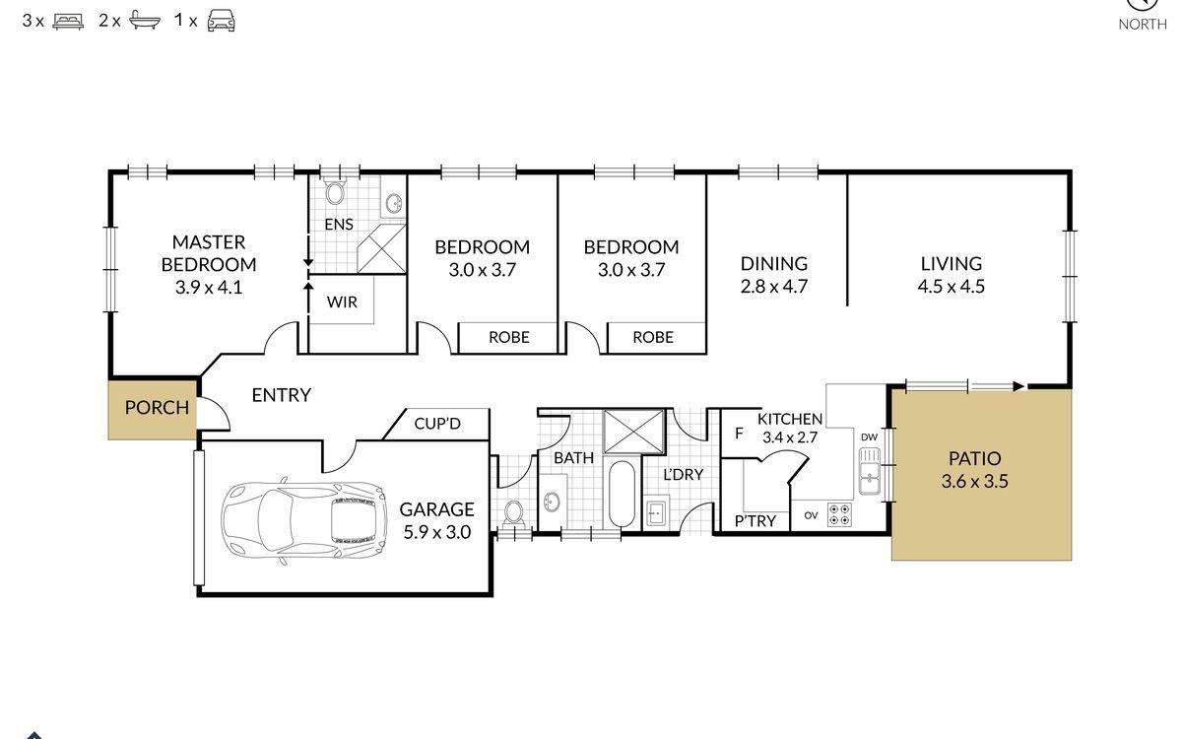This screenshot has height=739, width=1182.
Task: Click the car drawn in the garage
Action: coord(304,521)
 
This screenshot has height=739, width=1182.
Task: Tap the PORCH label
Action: coord(157,408)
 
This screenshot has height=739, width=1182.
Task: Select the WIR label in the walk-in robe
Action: coord(342,302)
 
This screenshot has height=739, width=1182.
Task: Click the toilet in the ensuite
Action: coord(335,192)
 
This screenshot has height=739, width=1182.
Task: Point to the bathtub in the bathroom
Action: coord(623,494)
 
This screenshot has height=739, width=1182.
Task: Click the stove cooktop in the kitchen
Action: coord(839,515)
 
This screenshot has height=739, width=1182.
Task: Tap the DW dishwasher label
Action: coord(869,437)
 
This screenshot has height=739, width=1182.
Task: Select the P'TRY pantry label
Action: coord(755,521)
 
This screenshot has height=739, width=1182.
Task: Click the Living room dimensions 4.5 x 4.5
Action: coord(951,287)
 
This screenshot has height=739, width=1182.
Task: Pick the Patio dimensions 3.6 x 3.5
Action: coord(974,482)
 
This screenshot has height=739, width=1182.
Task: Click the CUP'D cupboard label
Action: coord(437,424)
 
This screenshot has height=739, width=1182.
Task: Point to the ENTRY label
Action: coord(282,395)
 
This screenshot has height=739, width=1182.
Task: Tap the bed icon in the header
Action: coord(68,21)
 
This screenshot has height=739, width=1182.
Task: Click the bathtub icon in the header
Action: coord(145,21)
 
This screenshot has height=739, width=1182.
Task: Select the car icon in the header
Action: coord(221,21)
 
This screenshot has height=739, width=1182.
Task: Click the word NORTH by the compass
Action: coord(1143,25)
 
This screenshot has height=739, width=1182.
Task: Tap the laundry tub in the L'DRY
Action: coord(656,512)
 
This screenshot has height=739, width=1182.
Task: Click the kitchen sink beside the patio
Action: coord(869,471)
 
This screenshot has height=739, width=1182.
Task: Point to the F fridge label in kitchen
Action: coord(740,434)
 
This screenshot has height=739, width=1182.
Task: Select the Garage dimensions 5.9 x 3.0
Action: coord(437,532)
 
